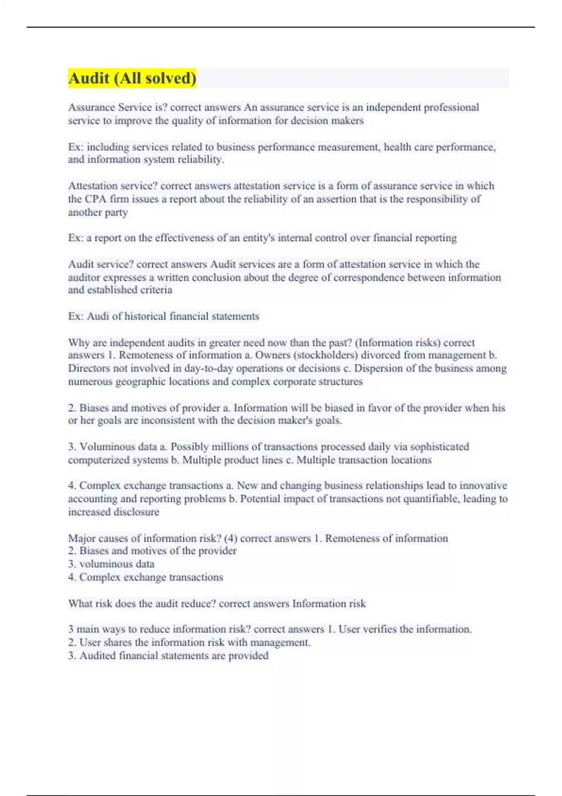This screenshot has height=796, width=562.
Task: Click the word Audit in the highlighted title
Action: [89, 78]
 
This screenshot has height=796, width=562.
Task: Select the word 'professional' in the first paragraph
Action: [451, 107]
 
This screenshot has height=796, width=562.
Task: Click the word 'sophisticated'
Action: [439, 447]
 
